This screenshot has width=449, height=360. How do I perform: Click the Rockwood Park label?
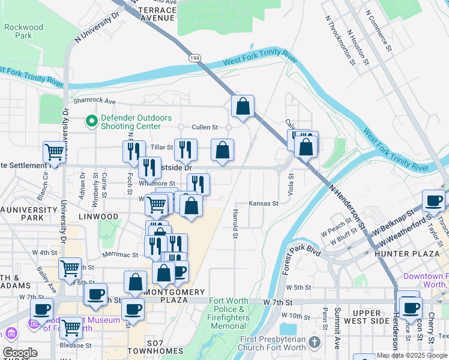tap(23, 31)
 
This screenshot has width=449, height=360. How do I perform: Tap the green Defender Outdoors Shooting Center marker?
tap(92, 122)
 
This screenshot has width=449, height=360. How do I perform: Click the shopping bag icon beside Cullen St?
tap(243, 106)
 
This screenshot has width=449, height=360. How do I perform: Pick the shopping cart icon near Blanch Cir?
tap(54, 152)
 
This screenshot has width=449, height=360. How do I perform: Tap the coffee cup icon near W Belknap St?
tap(433, 200)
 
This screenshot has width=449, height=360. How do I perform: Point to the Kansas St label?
tap(264, 204)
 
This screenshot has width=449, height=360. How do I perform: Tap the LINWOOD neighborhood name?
tap(101, 216)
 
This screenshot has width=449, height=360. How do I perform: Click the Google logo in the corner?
tap(20, 352)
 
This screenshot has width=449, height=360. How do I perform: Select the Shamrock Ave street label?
tap(94, 101)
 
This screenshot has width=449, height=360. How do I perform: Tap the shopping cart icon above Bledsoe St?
tap(71, 327)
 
